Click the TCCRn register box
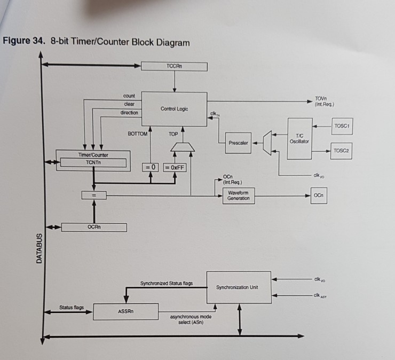(x=174, y=66)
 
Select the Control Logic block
(x=174, y=108)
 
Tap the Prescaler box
(x=238, y=143)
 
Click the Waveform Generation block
(x=238, y=195)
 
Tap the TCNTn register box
(x=93, y=163)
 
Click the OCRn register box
(x=94, y=227)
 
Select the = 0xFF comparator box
(x=175, y=167)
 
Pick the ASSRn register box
(x=125, y=311)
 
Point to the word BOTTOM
(x=137, y=134)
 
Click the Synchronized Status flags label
(x=167, y=283)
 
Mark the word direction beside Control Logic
(x=129, y=113)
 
